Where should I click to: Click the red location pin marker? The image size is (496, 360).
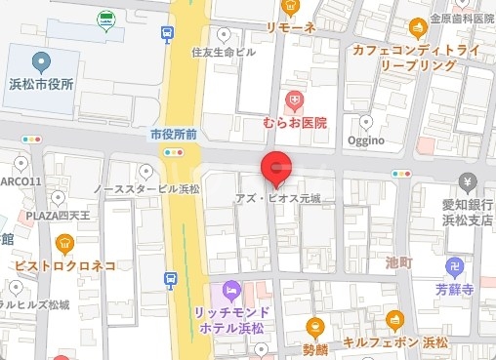coord(275,168)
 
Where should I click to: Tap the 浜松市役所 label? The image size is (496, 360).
coord(40,85)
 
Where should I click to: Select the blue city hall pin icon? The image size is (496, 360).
coord(40,62)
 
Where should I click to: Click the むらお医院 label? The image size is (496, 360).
coord(295,122)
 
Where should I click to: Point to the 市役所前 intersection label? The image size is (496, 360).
coord(175,133)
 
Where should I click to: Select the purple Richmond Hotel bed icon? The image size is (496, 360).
coord(230,290)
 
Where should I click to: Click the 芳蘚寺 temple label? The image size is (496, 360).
coord(455,290)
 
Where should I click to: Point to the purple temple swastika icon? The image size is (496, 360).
coord(455,267)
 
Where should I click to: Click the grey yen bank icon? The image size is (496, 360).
coord(468,182)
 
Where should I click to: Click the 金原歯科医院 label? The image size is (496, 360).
coord(462,19)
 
